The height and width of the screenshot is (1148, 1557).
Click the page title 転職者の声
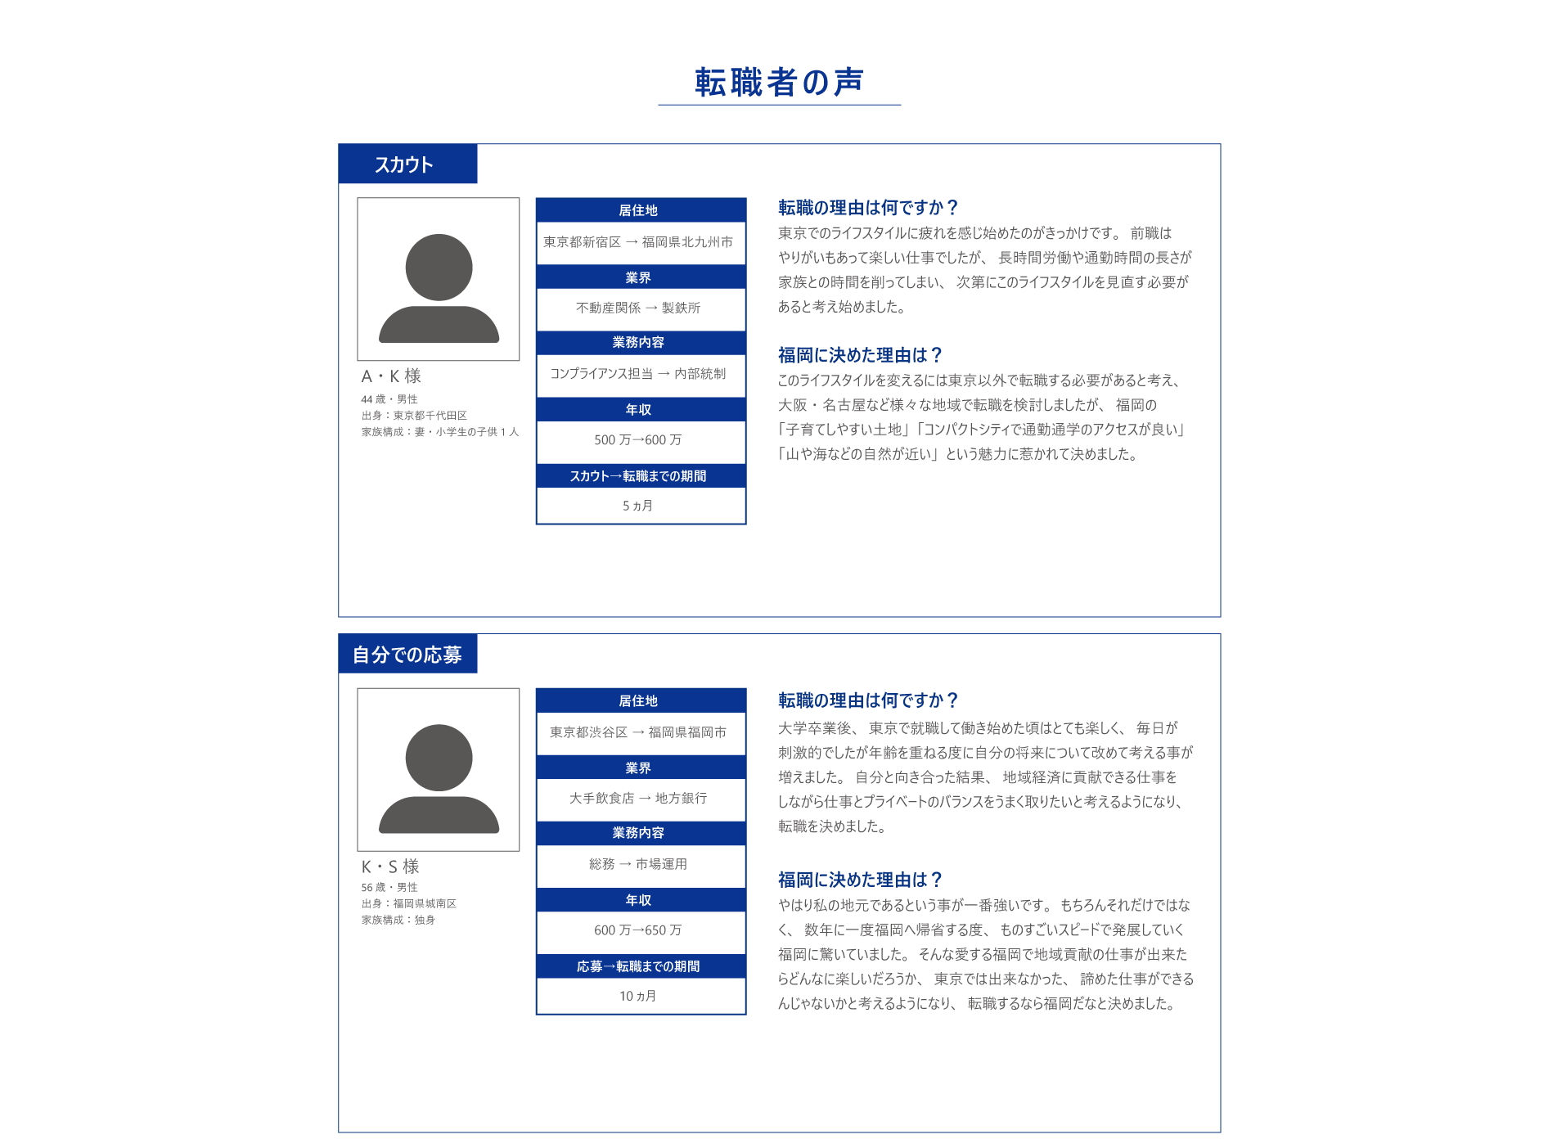(x=779, y=83)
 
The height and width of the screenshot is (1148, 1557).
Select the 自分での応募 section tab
(x=407, y=655)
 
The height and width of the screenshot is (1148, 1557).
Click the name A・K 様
(x=391, y=376)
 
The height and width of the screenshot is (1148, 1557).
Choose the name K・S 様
(x=390, y=867)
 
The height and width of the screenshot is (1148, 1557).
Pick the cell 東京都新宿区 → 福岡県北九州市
(x=638, y=242)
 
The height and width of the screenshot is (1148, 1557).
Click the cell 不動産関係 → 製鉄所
(x=638, y=308)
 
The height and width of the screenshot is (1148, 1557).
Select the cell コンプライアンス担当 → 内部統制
(x=638, y=374)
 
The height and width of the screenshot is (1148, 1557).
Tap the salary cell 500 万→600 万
(x=638, y=440)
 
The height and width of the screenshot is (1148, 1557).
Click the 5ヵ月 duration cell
(x=638, y=506)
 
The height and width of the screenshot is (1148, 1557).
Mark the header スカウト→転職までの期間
(x=638, y=476)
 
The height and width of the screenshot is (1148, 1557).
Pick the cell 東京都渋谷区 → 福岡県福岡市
(x=638, y=732)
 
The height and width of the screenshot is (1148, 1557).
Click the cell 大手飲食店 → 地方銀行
(x=638, y=798)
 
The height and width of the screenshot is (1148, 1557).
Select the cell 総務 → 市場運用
(x=638, y=864)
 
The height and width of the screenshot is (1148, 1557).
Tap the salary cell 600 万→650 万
(x=638, y=930)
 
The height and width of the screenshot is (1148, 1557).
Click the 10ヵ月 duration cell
(x=638, y=996)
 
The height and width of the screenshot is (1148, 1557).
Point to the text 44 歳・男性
(x=389, y=399)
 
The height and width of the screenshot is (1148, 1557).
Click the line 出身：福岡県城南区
(x=409, y=903)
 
